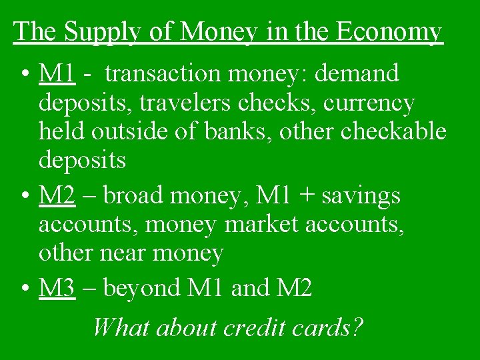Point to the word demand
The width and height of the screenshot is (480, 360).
tap(357, 73)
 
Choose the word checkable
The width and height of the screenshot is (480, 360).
tap(393, 131)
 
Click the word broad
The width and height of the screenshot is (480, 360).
tap(135, 195)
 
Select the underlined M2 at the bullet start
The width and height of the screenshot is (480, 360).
tap(57, 195)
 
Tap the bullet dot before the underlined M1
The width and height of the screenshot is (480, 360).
tap(24, 74)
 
